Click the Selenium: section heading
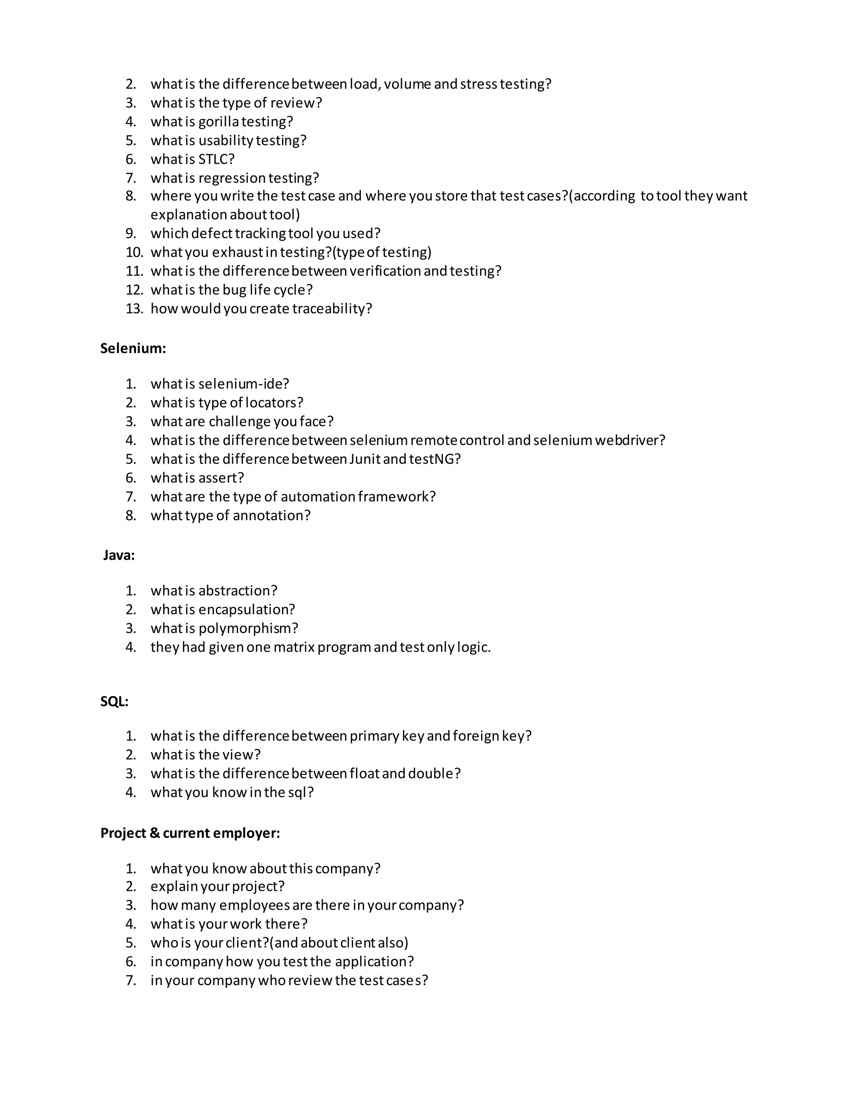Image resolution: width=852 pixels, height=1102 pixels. (133, 348)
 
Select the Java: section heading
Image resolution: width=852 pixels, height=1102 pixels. (119, 555)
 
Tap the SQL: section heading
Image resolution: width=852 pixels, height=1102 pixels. (114, 702)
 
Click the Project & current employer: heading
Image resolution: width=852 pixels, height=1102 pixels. (190, 833)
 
